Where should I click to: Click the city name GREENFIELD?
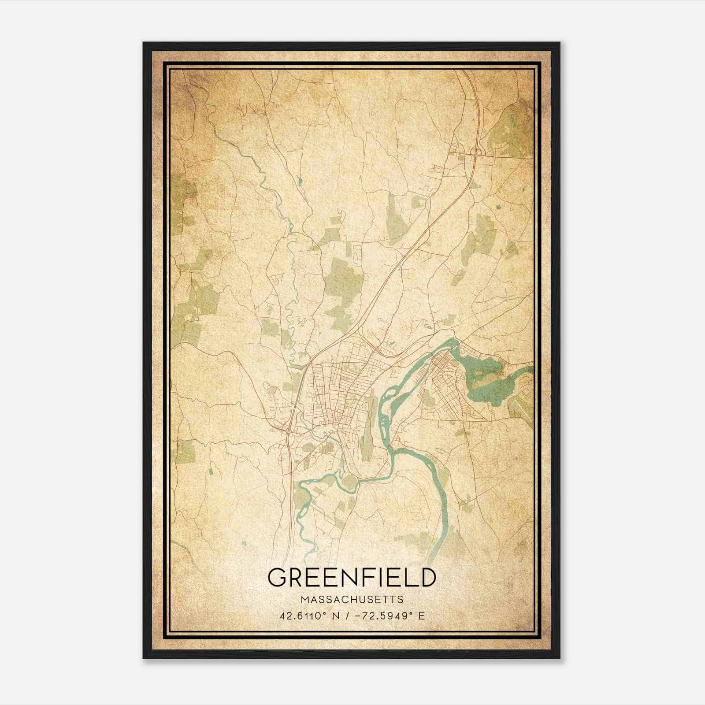[352, 578]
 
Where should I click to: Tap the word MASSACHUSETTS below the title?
[352, 600]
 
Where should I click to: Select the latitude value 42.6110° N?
[309, 616]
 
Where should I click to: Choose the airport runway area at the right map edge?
[522, 403]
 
